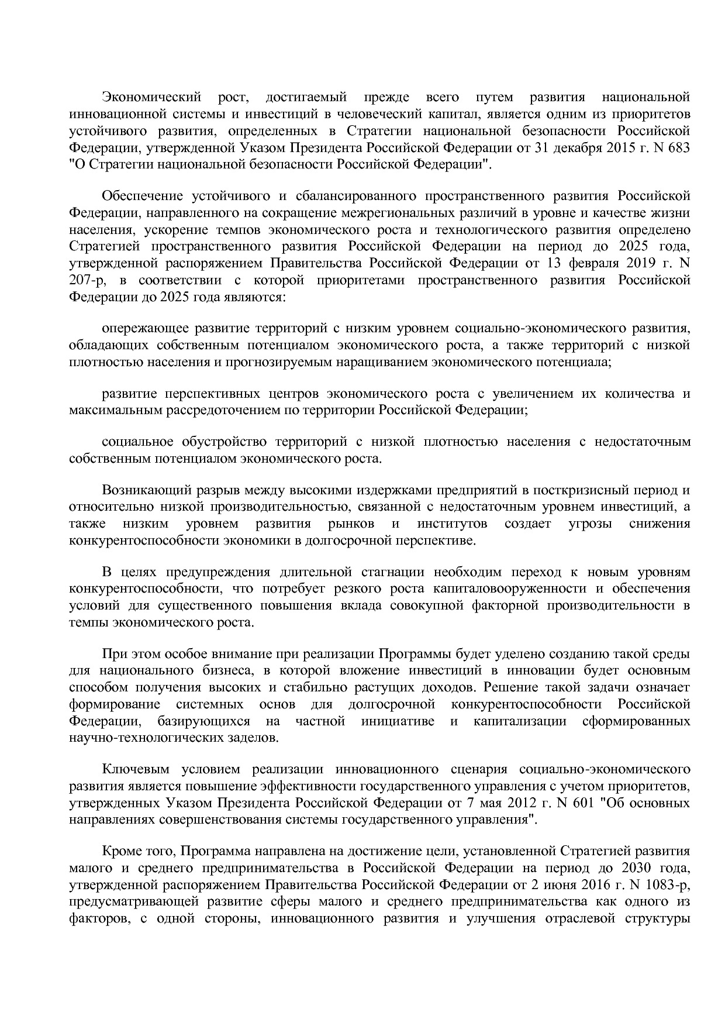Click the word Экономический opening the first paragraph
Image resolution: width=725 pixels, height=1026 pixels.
151,97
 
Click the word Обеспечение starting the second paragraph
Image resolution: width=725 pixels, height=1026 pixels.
142,195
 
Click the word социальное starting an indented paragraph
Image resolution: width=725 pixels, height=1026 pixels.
137,441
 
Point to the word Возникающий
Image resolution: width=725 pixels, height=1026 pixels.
142,489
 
